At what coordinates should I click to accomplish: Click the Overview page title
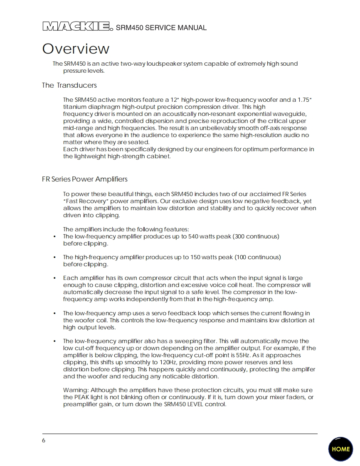[x=76, y=49]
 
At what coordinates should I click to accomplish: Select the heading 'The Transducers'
[x=69, y=85]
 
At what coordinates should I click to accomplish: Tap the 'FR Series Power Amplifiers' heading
[x=84, y=179]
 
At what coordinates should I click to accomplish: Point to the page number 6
[x=44, y=441]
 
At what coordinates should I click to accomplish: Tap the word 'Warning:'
[x=76, y=390]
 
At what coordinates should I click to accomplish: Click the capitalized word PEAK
[x=83, y=397]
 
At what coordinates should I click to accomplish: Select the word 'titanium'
[x=74, y=107]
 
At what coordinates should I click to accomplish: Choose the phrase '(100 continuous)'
[x=258, y=257]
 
